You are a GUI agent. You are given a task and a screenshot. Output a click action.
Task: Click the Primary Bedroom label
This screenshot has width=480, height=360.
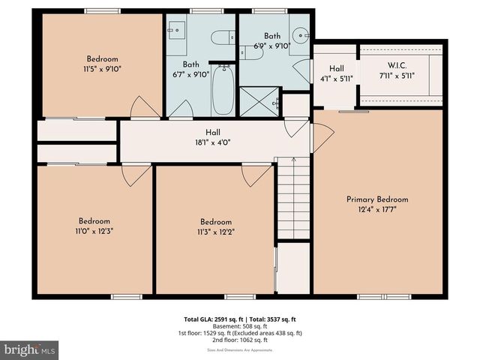[x=377, y=199]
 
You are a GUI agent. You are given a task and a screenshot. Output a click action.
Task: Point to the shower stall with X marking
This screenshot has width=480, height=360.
[x=258, y=101]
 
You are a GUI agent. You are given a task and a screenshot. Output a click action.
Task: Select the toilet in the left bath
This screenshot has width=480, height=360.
[x=223, y=37]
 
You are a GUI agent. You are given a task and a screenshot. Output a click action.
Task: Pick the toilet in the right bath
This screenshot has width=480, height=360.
[x=248, y=51]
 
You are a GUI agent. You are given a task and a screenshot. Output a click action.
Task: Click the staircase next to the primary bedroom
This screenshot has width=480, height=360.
[x=292, y=199]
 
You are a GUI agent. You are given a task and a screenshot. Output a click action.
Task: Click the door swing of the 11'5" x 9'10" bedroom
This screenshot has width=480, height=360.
[x=143, y=108]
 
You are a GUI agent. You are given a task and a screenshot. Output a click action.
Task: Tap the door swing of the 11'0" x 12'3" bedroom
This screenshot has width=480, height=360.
[x=135, y=175]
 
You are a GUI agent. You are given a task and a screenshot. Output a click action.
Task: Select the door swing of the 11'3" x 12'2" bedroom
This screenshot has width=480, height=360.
[x=255, y=175]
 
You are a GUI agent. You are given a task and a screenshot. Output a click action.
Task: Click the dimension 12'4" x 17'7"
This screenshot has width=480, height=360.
[x=377, y=210]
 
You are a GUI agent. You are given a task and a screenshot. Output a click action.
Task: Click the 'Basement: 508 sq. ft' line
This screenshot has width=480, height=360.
[x=240, y=326]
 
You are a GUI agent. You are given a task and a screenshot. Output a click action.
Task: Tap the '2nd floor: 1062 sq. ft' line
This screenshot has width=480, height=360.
[x=240, y=340]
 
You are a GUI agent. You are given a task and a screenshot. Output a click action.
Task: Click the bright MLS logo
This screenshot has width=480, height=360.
[x=30, y=349]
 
